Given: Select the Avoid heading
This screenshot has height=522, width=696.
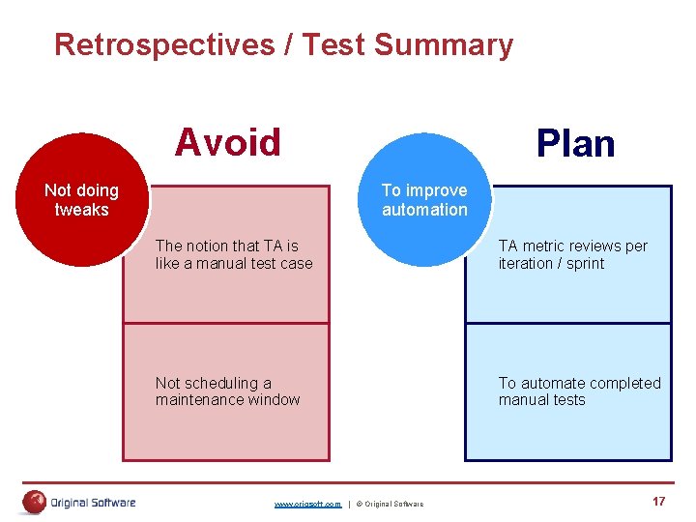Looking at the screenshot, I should [227, 143].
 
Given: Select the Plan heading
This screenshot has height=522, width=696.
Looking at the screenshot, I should [575, 144].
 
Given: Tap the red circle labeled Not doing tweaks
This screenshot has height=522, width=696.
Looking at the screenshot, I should [81, 200].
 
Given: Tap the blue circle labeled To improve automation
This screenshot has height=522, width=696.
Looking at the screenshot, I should [423, 200].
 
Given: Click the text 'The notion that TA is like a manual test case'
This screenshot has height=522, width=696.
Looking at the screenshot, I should [234, 254].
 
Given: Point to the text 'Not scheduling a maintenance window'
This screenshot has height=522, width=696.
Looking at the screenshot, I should [227, 391].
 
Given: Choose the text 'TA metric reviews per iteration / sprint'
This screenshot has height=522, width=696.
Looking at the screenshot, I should [572, 254].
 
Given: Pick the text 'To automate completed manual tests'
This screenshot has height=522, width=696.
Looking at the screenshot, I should [579, 391].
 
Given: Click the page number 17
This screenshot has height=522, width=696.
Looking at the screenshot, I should [658, 501].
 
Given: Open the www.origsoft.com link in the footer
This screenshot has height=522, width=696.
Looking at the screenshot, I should [307, 504].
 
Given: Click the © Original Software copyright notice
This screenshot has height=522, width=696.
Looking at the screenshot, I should [390, 504].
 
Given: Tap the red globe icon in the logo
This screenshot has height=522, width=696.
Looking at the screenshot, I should [35, 502].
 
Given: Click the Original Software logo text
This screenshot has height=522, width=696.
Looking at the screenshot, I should [93, 502].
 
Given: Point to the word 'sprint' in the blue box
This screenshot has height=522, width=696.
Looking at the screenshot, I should [585, 263].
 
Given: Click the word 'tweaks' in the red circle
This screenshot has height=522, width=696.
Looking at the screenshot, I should [81, 210].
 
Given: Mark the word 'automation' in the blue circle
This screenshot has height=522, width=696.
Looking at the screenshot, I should [423, 210].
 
